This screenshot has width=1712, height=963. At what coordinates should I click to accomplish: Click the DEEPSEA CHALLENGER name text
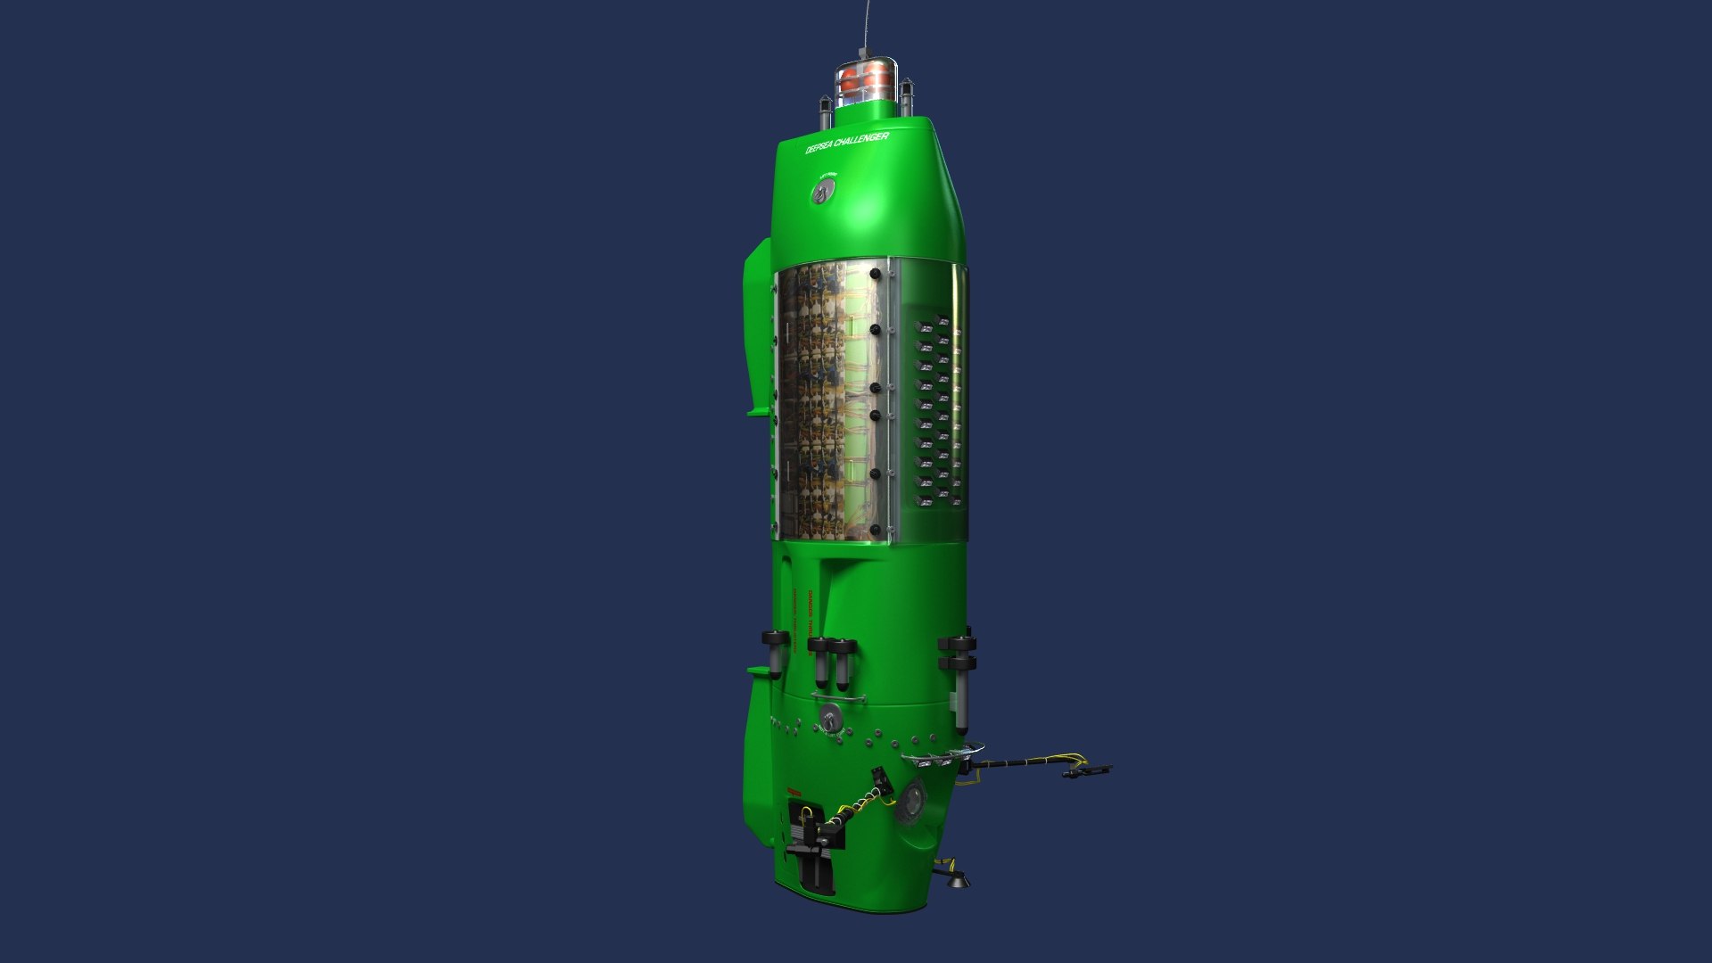point(846,143)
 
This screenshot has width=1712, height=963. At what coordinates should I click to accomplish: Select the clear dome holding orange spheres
point(865,80)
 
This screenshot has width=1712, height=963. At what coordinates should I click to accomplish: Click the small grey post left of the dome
point(825,111)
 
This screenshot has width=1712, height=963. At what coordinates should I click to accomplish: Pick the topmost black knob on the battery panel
point(875,273)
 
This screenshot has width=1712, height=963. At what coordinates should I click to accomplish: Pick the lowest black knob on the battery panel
point(875,530)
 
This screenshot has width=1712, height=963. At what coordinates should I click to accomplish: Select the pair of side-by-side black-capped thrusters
point(831,662)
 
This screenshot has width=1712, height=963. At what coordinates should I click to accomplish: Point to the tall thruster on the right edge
point(959,682)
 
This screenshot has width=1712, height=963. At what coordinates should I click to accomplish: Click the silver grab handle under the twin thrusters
point(838,698)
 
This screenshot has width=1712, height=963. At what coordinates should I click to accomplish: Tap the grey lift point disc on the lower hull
point(831,716)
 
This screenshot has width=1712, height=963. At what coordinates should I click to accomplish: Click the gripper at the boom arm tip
point(1088,770)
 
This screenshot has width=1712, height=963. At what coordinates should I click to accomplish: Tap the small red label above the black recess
point(793,793)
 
